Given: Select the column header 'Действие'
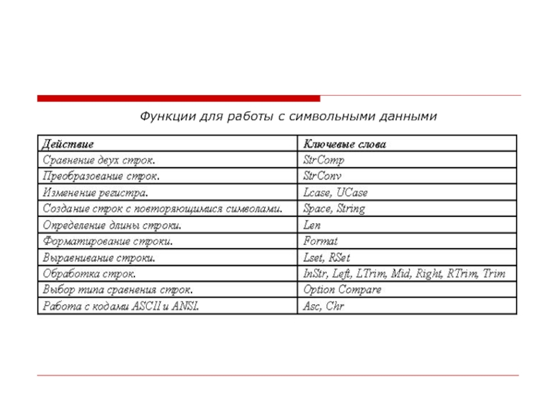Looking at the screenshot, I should coord(68,144).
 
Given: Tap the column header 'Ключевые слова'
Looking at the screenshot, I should coord(344,144).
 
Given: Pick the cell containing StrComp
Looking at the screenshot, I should coord(324,160).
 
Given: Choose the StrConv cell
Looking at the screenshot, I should coord(322,176).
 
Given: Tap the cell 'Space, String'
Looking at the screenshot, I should coord(334,208).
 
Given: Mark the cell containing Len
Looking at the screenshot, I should coord(311,225).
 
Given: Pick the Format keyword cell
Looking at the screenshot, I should coord(320,241).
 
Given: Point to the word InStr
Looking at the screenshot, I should coord(315,274).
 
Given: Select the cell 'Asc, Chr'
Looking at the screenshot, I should coord(324,306).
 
